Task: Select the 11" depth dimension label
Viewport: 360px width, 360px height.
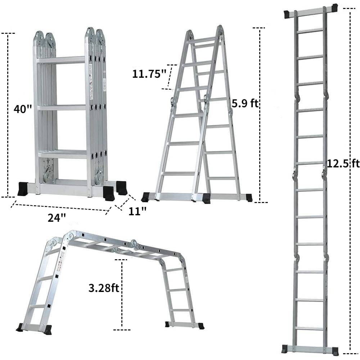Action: (138, 211)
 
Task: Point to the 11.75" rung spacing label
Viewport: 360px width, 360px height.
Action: (149, 74)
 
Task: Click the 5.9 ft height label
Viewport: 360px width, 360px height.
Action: (245, 104)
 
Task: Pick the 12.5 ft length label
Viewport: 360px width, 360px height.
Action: (343, 164)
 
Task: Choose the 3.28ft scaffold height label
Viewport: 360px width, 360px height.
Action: (104, 288)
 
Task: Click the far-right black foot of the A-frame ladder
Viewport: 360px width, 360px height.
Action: (248, 197)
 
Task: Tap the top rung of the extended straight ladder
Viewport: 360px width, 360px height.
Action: (310, 30)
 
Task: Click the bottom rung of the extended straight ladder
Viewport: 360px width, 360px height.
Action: (310, 328)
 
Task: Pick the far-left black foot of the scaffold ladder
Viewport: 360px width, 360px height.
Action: (21, 328)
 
